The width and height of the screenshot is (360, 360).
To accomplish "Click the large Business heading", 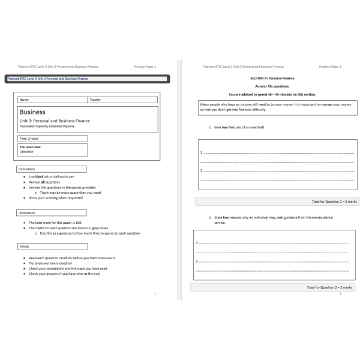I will click(34, 112).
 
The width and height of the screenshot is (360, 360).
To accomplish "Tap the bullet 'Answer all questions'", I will click(47, 182).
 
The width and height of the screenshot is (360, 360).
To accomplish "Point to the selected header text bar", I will click(88, 79).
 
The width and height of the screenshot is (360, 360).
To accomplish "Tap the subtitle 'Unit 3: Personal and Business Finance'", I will click(55, 121).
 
